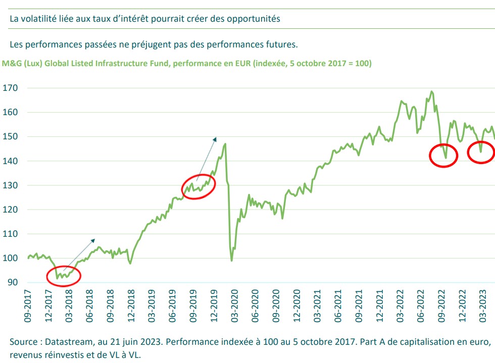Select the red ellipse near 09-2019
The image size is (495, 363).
(x=199, y=186)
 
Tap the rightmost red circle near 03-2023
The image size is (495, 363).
(x=481, y=151)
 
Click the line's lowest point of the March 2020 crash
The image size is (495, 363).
(x=232, y=261)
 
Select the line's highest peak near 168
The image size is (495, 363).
(x=431, y=91)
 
